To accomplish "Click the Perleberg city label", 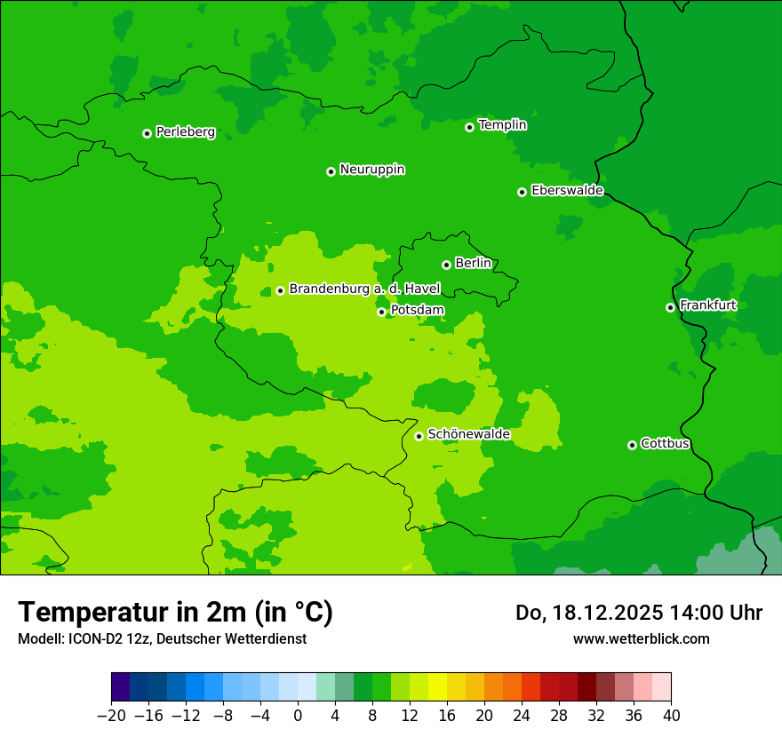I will click(185, 132).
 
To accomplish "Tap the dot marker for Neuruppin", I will click(331, 171).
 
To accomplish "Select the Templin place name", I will click(502, 125).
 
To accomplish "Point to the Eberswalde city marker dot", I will click(522, 192).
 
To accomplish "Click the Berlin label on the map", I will click(473, 264).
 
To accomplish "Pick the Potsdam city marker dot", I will click(381, 312).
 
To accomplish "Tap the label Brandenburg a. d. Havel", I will click(364, 289).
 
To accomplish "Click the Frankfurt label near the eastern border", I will click(707, 305).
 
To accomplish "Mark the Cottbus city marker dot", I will click(632, 445).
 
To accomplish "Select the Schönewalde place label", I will click(468, 434).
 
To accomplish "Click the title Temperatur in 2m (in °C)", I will click(175, 613).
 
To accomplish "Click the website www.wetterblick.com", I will click(641, 638).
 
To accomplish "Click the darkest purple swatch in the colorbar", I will click(121, 687).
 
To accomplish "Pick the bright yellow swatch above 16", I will click(438, 687).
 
